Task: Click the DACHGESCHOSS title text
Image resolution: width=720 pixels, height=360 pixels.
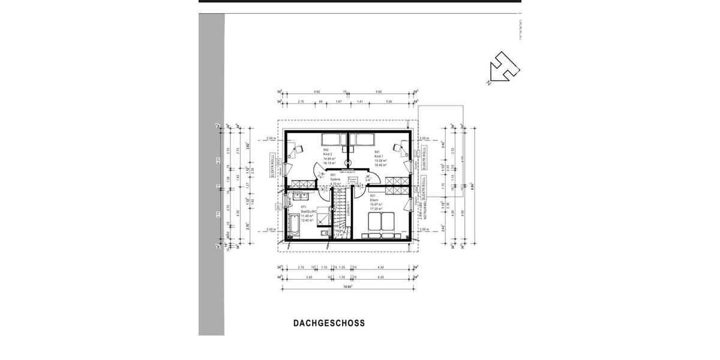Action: click(x=329, y=323)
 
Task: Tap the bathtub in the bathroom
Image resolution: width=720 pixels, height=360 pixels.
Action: click(x=292, y=224)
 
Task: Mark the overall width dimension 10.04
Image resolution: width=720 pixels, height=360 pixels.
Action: click(x=347, y=287)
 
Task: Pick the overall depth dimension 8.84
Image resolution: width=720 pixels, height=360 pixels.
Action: click(x=473, y=186)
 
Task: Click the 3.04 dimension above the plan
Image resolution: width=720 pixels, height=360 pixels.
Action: click(x=389, y=102)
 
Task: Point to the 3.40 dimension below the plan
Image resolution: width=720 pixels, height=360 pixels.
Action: click(x=308, y=277)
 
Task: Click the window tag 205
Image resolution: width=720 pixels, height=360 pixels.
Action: click(x=416, y=153)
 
